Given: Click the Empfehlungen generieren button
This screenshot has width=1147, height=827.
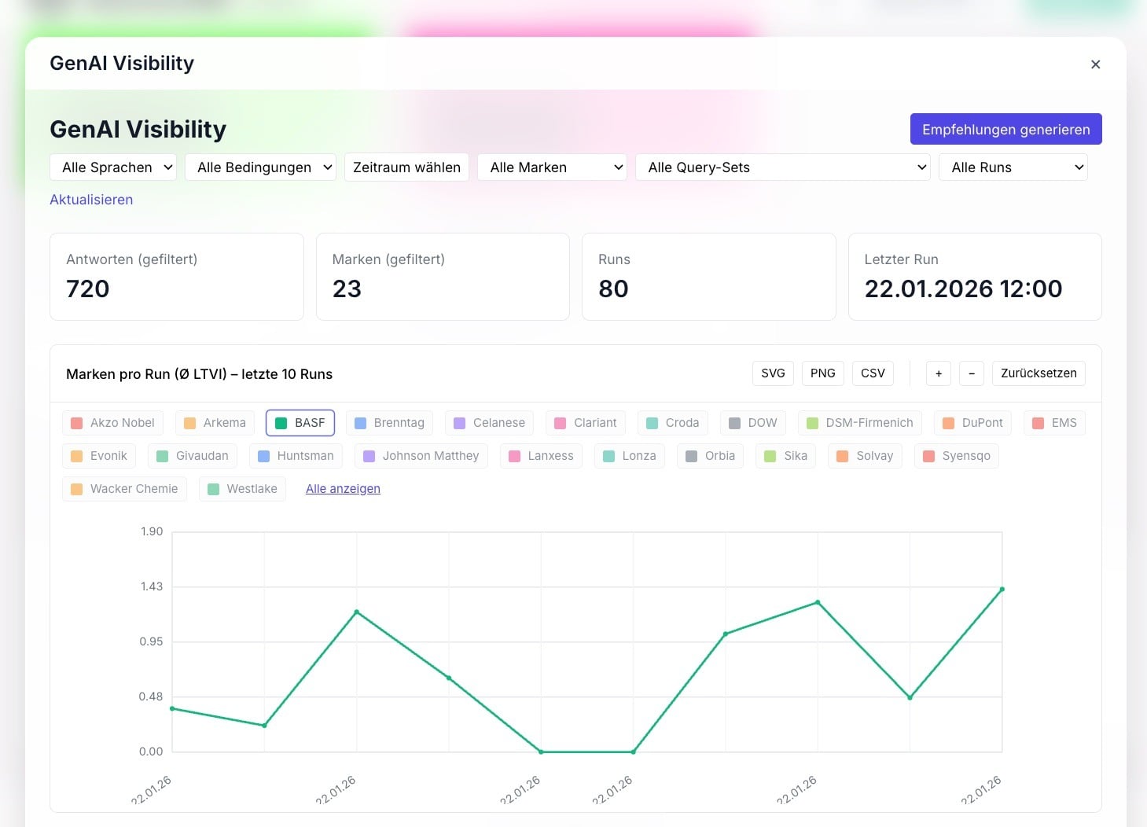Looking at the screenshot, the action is coord(1005,129).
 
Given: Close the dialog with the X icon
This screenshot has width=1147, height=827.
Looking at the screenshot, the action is coord(1095,64).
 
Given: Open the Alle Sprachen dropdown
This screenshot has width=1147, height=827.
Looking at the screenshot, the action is coord(113,167).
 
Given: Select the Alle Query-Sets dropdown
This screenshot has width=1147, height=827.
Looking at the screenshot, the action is coord(782,167).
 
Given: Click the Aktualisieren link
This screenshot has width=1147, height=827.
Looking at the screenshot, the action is coord(91,200).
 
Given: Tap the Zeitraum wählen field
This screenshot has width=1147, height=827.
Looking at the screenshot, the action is coord(406,167).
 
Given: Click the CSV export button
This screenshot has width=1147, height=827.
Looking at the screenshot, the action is coord(873,373).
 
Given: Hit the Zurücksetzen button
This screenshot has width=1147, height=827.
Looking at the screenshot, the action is coord(1039,373).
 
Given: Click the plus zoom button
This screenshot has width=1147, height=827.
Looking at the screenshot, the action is coord(938,373).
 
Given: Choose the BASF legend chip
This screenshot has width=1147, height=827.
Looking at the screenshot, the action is coord(300,423).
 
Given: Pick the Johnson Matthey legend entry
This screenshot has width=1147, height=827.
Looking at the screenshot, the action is coord(421,456).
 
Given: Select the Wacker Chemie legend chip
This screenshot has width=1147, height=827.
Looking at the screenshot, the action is coord(124,488).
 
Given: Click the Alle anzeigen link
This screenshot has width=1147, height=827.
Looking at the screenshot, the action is coord(343,489).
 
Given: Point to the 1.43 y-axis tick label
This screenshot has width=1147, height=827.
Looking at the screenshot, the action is coord(152,586).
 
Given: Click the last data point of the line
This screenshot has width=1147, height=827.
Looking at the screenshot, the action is coord(1002,590).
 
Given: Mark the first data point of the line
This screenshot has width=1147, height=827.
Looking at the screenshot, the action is coord(173,709).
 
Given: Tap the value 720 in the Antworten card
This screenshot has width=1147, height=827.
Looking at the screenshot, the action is coord(87,289).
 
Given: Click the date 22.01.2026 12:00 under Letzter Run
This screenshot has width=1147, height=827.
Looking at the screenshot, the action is coord(963,289).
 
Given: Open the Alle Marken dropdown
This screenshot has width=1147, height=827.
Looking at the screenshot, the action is coord(552,167).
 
